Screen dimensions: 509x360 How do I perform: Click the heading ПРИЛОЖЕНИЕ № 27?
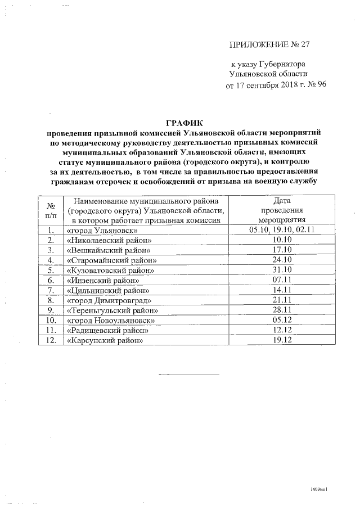(x=269, y=44)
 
